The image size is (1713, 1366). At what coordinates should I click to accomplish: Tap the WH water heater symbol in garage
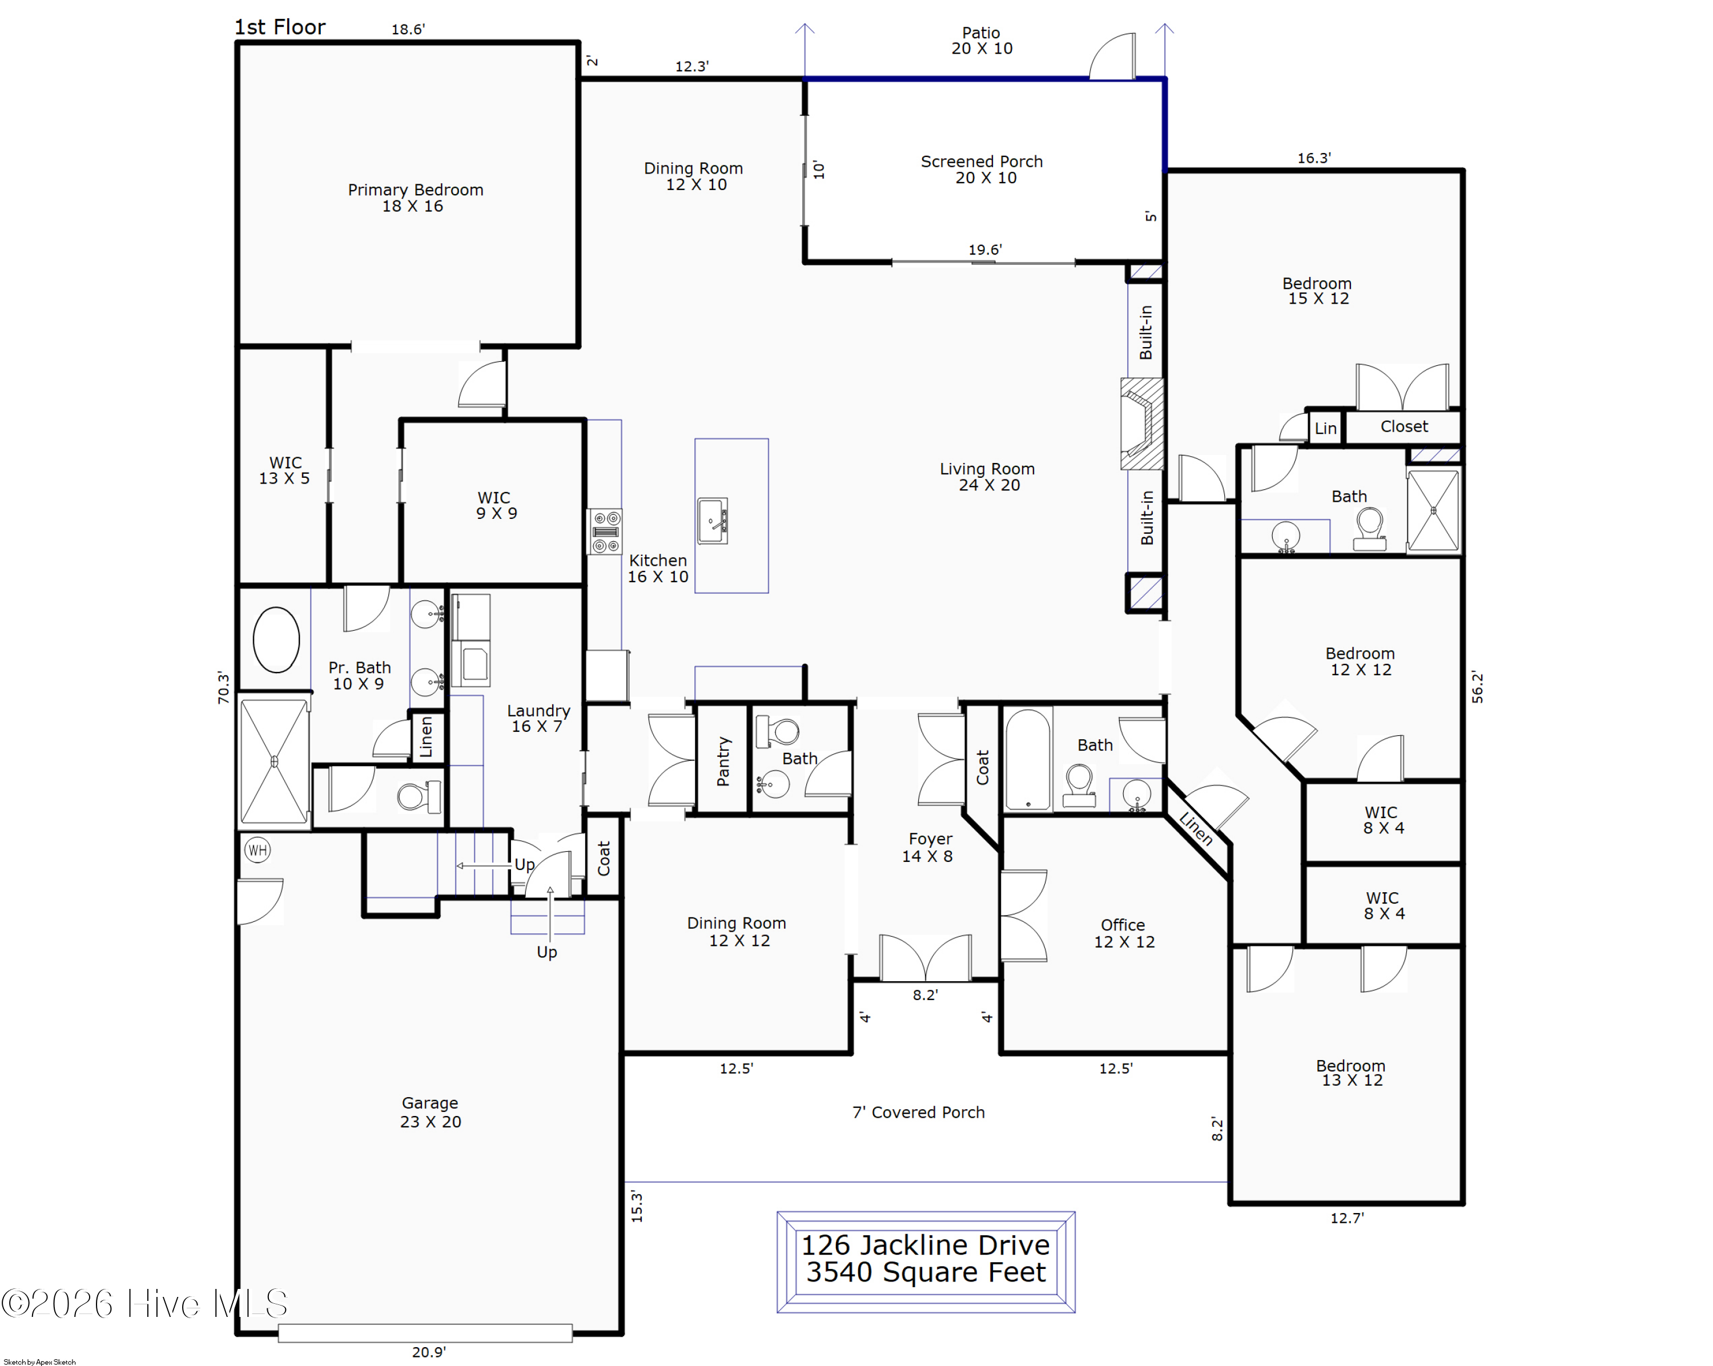pyautogui.click(x=258, y=851)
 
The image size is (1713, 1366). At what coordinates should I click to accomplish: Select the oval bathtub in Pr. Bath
pyautogui.click(x=276, y=639)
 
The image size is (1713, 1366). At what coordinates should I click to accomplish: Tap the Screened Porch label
pyautogui.click(x=982, y=169)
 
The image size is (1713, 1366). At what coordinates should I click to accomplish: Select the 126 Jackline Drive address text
pyautogui.click(x=926, y=1244)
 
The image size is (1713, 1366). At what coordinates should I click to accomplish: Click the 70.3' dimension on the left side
pyautogui.click(x=223, y=688)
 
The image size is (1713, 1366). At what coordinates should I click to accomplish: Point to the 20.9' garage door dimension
pyautogui.click(x=428, y=1352)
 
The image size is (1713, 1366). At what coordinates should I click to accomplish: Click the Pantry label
pyautogui.click(x=723, y=761)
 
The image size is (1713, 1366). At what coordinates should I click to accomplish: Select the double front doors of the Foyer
pyautogui.click(x=925, y=958)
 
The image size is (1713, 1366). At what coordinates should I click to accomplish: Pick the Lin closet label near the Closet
pyautogui.click(x=1325, y=429)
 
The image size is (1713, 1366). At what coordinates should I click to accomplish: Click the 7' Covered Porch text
pyautogui.click(x=919, y=1113)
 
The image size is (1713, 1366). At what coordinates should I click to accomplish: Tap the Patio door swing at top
pyautogui.click(x=1112, y=57)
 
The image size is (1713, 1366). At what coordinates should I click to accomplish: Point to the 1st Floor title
pyautogui.click(x=280, y=27)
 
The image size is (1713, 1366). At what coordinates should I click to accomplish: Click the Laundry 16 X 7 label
pyautogui.click(x=538, y=718)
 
